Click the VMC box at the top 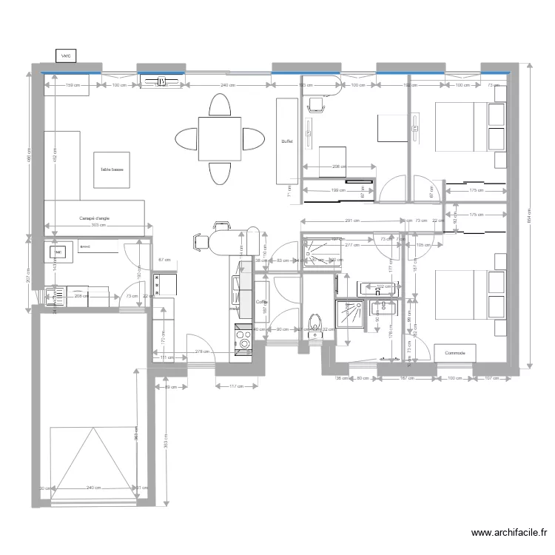(x=67, y=55)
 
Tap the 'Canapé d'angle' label (x=94, y=218)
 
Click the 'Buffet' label (x=287, y=141)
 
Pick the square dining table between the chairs (x=219, y=138)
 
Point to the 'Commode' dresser (x=454, y=353)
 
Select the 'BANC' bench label (x=85, y=245)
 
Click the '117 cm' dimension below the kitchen (x=237, y=386)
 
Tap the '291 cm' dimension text (x=352, y=221)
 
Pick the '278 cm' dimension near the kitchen (x=200, y=351)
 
